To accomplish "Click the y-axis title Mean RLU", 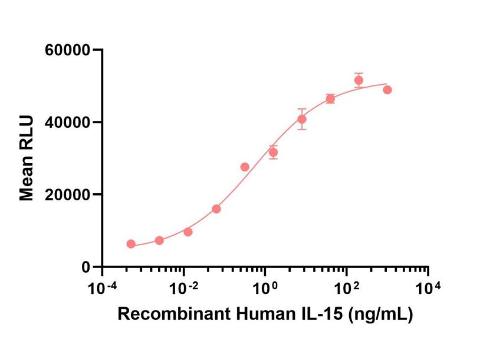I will tap(27, 158).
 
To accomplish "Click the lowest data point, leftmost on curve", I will tap(131, 244).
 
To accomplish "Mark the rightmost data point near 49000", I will tap(387, 90).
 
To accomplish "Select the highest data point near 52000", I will tap(359, 80).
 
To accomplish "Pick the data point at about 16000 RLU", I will tap(216, 209).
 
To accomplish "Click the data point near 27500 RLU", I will tap(245, 167).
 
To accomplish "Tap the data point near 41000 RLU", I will tap(302, 119).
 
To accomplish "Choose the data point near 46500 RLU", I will tap(330, 98).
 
